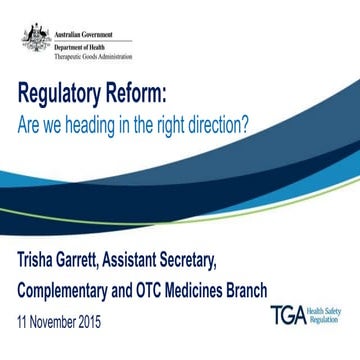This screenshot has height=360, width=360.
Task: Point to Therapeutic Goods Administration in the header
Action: [x=87, y=50]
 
